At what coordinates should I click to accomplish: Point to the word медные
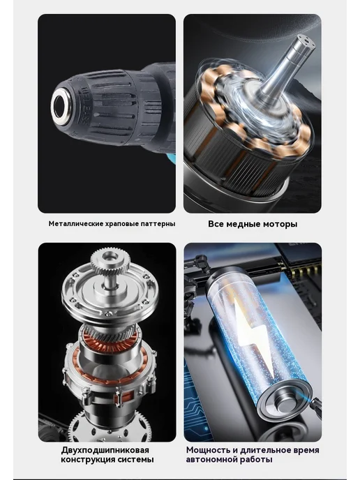pos(241,224)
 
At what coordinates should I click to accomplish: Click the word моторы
pos(278,224)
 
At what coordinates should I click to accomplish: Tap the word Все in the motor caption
pos(216,224)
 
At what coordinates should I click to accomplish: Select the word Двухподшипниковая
pos(105,450)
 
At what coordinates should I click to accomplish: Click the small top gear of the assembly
pos(109,261)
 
